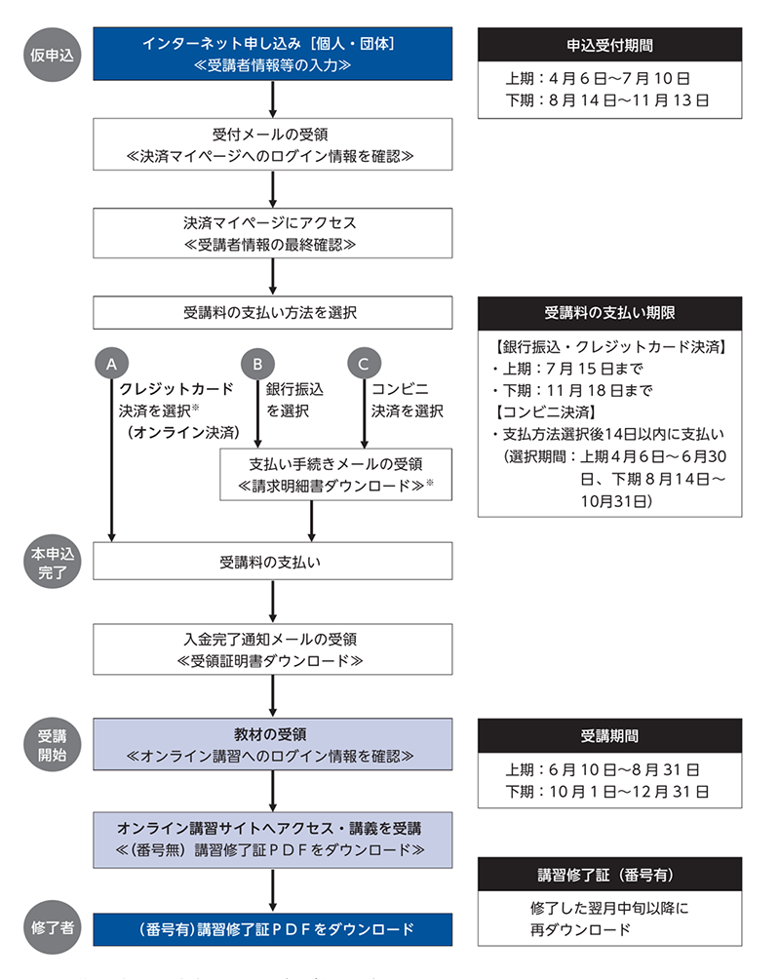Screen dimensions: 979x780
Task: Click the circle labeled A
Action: (112, 364)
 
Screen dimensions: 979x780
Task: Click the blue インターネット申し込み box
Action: (273, 55)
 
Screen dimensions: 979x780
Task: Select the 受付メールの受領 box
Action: (273, 144)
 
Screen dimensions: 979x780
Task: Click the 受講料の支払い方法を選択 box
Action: (273, 313)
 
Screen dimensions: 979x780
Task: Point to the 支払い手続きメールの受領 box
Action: (335, 473)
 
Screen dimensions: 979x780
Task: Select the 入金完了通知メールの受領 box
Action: (273, 649)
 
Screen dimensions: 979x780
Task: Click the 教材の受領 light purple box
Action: (273, 745)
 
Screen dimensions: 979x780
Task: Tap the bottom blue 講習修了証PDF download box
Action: (273, 928)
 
